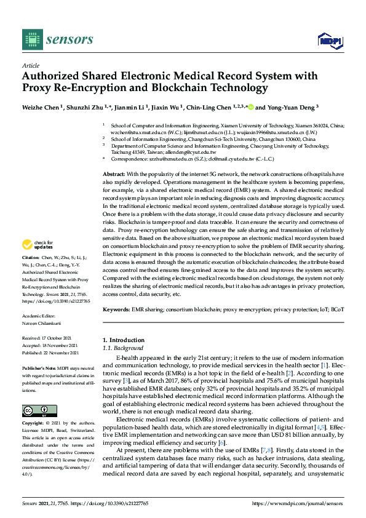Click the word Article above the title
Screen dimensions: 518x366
30,65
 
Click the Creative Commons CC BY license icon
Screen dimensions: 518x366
31,411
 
